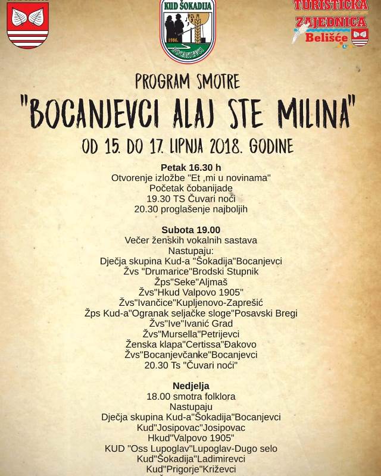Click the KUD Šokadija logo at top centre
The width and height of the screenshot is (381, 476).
click(x=188, y=31)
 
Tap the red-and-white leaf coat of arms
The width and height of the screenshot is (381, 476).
click(x=27, y=25)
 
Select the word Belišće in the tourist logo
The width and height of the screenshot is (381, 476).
click(x=326, y=37)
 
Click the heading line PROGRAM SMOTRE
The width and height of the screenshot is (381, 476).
click(x=188, y=82)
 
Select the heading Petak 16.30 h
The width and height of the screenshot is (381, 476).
click(x=190, y=167)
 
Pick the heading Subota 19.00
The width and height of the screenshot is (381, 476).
click(x=190, y=230)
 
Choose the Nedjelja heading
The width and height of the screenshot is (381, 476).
click(x=190, y=386)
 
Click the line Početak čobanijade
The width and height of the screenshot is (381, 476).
click(x=190, y=188)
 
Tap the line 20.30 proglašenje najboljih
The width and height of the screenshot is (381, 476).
click(x=190, y=209)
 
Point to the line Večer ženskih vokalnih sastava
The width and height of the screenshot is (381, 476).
click(x=190, y=240)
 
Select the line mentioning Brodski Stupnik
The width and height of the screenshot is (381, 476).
click(x=190, y=271)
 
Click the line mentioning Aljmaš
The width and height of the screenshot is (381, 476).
click(x=190, y=282)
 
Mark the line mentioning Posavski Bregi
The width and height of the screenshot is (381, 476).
click(x=190, y=313)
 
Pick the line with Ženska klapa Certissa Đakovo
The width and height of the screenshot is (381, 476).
click(x=190, y=345)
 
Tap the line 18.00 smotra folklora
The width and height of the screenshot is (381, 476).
click(x=190, y=396)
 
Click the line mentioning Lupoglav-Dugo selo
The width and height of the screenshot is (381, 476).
click(x=190, y=449)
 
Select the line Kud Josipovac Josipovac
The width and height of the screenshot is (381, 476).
click(x=190, y=428)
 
